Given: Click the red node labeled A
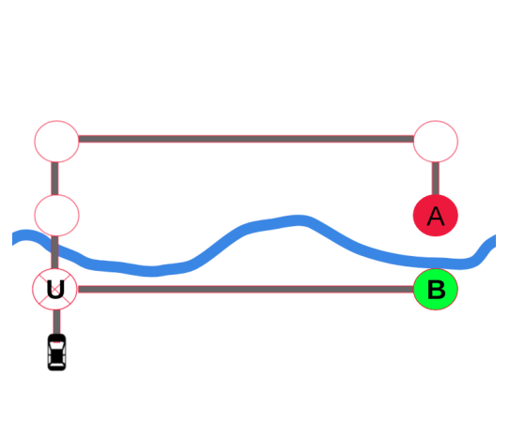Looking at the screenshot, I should (435, 216).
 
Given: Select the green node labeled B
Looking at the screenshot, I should (435, 289).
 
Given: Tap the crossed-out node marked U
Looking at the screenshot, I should (55, 289).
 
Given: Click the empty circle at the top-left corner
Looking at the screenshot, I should (56, 141).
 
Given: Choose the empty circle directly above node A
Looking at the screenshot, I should (435, 141).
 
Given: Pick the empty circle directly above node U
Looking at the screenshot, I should (56, 215).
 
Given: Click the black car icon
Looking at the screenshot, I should (56, 352).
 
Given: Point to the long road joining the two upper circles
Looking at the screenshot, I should (244, 140).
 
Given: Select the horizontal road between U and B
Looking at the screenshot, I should (244, 289).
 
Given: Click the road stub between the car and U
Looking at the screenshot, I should (55, 322).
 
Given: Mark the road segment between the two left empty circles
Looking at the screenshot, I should (55, 178).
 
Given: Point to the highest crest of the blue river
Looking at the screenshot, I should (299, 220).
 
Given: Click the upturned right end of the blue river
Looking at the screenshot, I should (491, 243).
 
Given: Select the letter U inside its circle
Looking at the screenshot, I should (55, 289).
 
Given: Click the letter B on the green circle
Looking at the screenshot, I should (436, 290).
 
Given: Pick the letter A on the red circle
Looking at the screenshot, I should (435, 217).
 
